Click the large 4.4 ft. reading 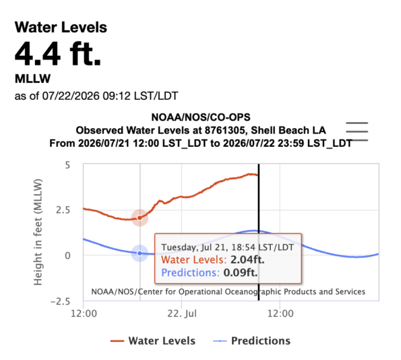[58, 54]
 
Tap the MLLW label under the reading [33, 79]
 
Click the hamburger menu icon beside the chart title [357, 131]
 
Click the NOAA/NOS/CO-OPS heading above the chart [201, 117]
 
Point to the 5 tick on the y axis [67, 165]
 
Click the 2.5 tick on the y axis [63, 210]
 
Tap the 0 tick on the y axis [67, 256]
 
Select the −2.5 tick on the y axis [61, 301]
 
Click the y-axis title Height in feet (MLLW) [38, 232]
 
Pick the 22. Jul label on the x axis [182, 313]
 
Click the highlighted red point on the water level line [140, 218]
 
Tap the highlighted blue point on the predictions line [140, 253]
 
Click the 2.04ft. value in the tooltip [247, 260]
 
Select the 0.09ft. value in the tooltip [241, 272]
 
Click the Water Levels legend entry [153, 341]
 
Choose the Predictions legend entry [251, 341]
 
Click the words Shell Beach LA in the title [288, 130]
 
